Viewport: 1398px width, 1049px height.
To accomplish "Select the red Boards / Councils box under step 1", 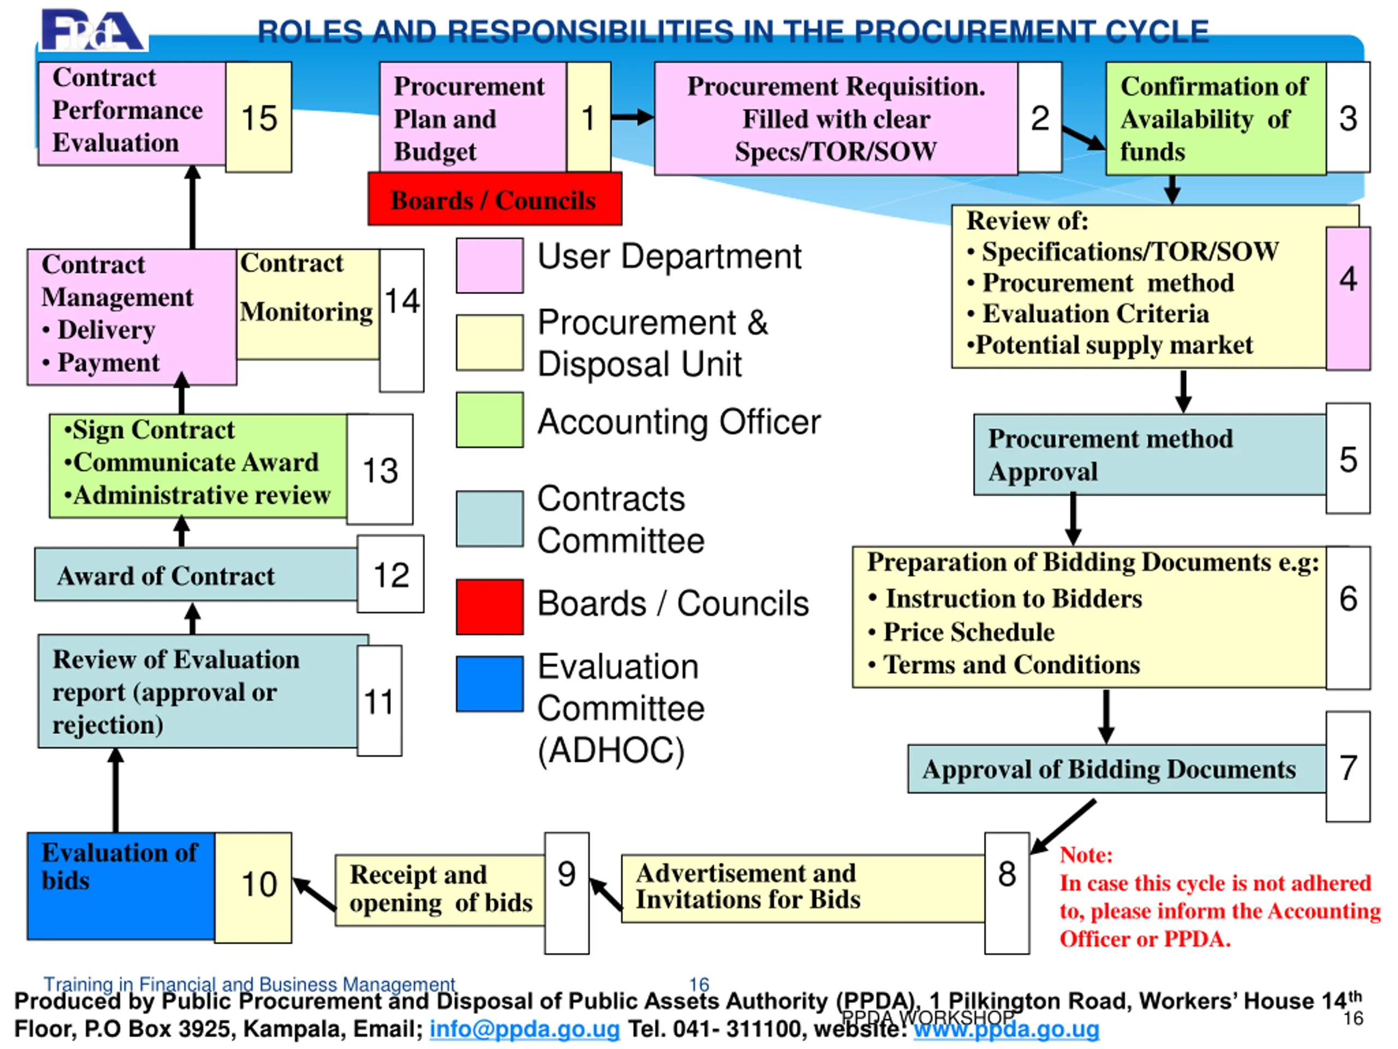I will [495, 199].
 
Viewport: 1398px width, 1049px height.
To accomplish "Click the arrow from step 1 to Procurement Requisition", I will [632, 117].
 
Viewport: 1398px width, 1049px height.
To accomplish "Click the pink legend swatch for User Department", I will [490, 266].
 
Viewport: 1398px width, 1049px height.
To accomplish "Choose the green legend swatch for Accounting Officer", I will [490, 420].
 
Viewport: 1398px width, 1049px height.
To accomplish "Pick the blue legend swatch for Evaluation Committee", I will [490, 683].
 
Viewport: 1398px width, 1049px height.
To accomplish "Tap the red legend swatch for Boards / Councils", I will [490, 606].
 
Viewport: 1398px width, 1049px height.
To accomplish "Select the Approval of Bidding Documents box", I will [1116, 769].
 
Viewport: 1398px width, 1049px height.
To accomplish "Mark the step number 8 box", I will [1007, 892].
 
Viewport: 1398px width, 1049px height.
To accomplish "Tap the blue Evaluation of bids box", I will [121, 886].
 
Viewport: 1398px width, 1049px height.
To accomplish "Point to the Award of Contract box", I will [196, 575].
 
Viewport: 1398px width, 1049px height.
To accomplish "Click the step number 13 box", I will [380, 469].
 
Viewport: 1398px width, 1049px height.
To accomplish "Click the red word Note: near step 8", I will [1086, 855].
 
